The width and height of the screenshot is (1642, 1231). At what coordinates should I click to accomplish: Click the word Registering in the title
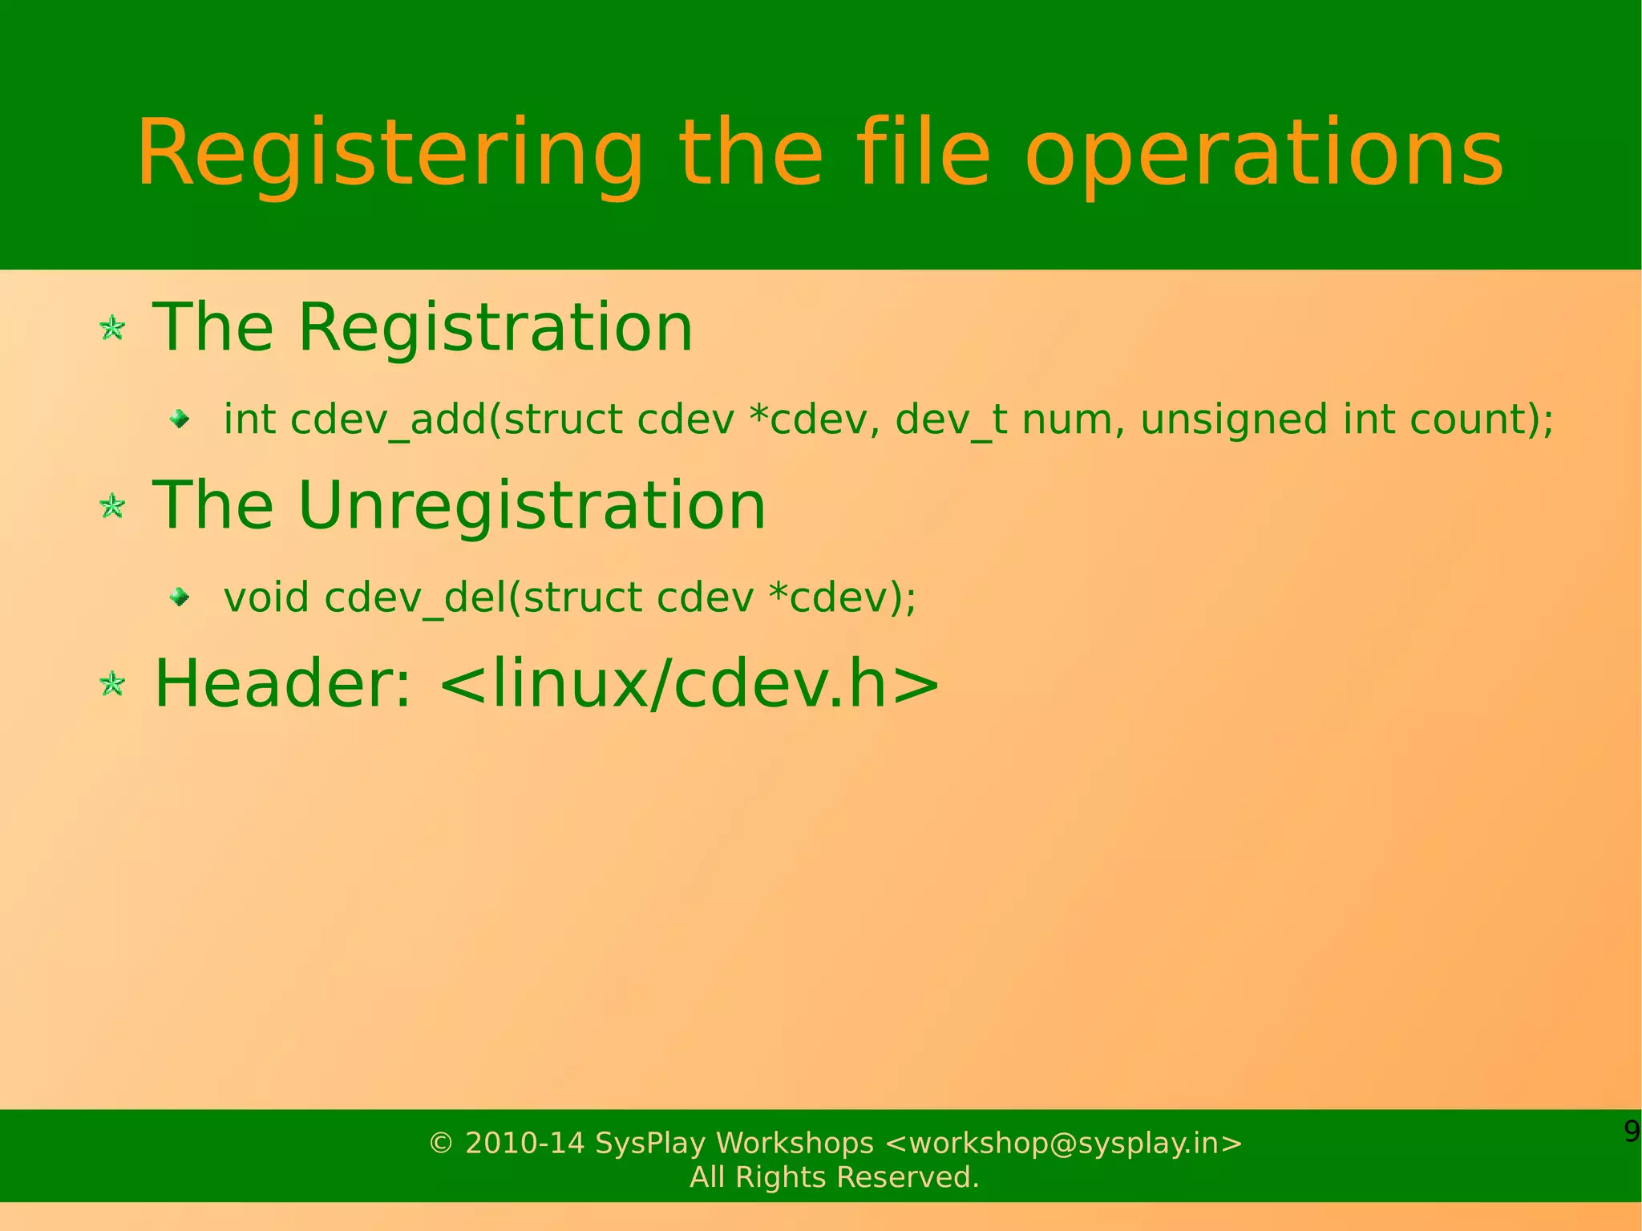pyautogui.click(x=390, y=154)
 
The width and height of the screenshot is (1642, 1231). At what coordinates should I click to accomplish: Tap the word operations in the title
pyautogui.click(x=1264, y=154)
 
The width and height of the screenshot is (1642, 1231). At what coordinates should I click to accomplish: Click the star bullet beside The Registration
pyautogui.click(x=112, y=328)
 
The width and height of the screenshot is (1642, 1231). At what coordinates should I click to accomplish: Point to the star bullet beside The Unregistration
pyautogui.click(x=112, y=506)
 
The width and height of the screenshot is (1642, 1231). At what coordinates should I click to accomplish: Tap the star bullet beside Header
pyautogui.click(x=112, y=684)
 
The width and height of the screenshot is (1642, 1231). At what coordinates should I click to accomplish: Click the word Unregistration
pyautogui.click(x=532, y=505)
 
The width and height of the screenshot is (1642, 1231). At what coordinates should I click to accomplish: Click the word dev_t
pyautogui.click(x=951, y=419)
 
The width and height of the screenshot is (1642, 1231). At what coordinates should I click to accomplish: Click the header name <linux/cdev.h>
pyautogui.click(x=690, y=683)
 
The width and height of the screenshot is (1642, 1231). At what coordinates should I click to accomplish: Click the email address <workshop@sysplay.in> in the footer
pyautogui.click(x=1064, y=1143)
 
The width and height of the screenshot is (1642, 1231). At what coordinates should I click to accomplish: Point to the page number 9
pyautogui.click(x=1632, y=1132)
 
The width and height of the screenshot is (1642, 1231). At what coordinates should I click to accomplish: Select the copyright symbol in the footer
pyautogui.click(x=440, y=1144)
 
